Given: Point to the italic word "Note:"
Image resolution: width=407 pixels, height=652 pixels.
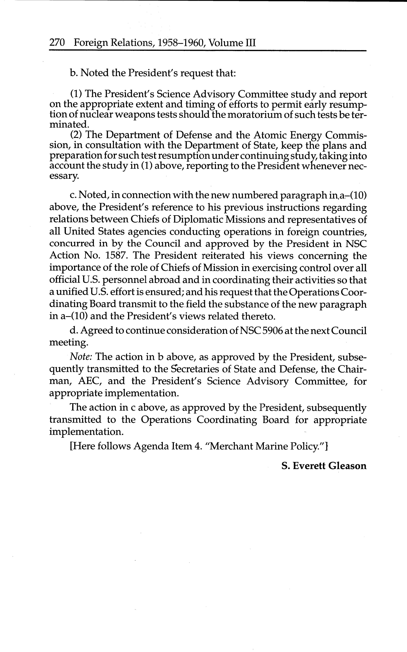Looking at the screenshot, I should tap(81, 357).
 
